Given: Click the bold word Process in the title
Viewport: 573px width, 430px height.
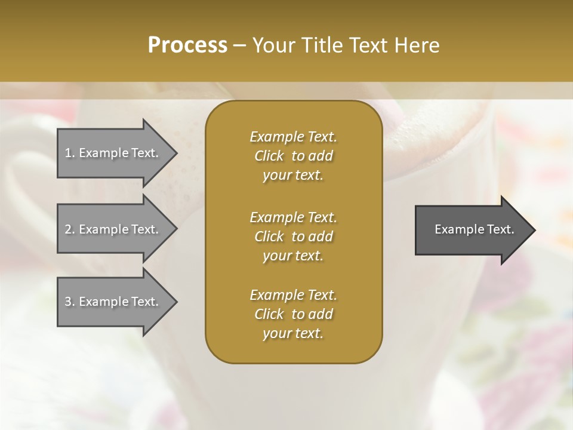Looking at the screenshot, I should (187, 45).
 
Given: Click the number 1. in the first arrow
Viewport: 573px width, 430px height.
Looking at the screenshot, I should (69, 153).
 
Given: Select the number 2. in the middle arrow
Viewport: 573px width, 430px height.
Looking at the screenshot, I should (69, 229).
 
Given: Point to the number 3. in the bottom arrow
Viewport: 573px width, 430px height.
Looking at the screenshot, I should (69, 302).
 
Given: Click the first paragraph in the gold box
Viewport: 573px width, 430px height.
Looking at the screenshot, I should (293, 156).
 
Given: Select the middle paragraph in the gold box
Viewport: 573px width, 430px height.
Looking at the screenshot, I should (293, 236).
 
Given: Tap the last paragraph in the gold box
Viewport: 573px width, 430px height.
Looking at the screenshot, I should (293, 314).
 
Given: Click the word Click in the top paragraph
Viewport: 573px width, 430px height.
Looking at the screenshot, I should (269, 156).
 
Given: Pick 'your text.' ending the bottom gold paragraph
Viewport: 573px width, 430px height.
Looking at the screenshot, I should (293, 333).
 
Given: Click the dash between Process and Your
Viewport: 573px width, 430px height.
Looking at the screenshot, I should (240, 45).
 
